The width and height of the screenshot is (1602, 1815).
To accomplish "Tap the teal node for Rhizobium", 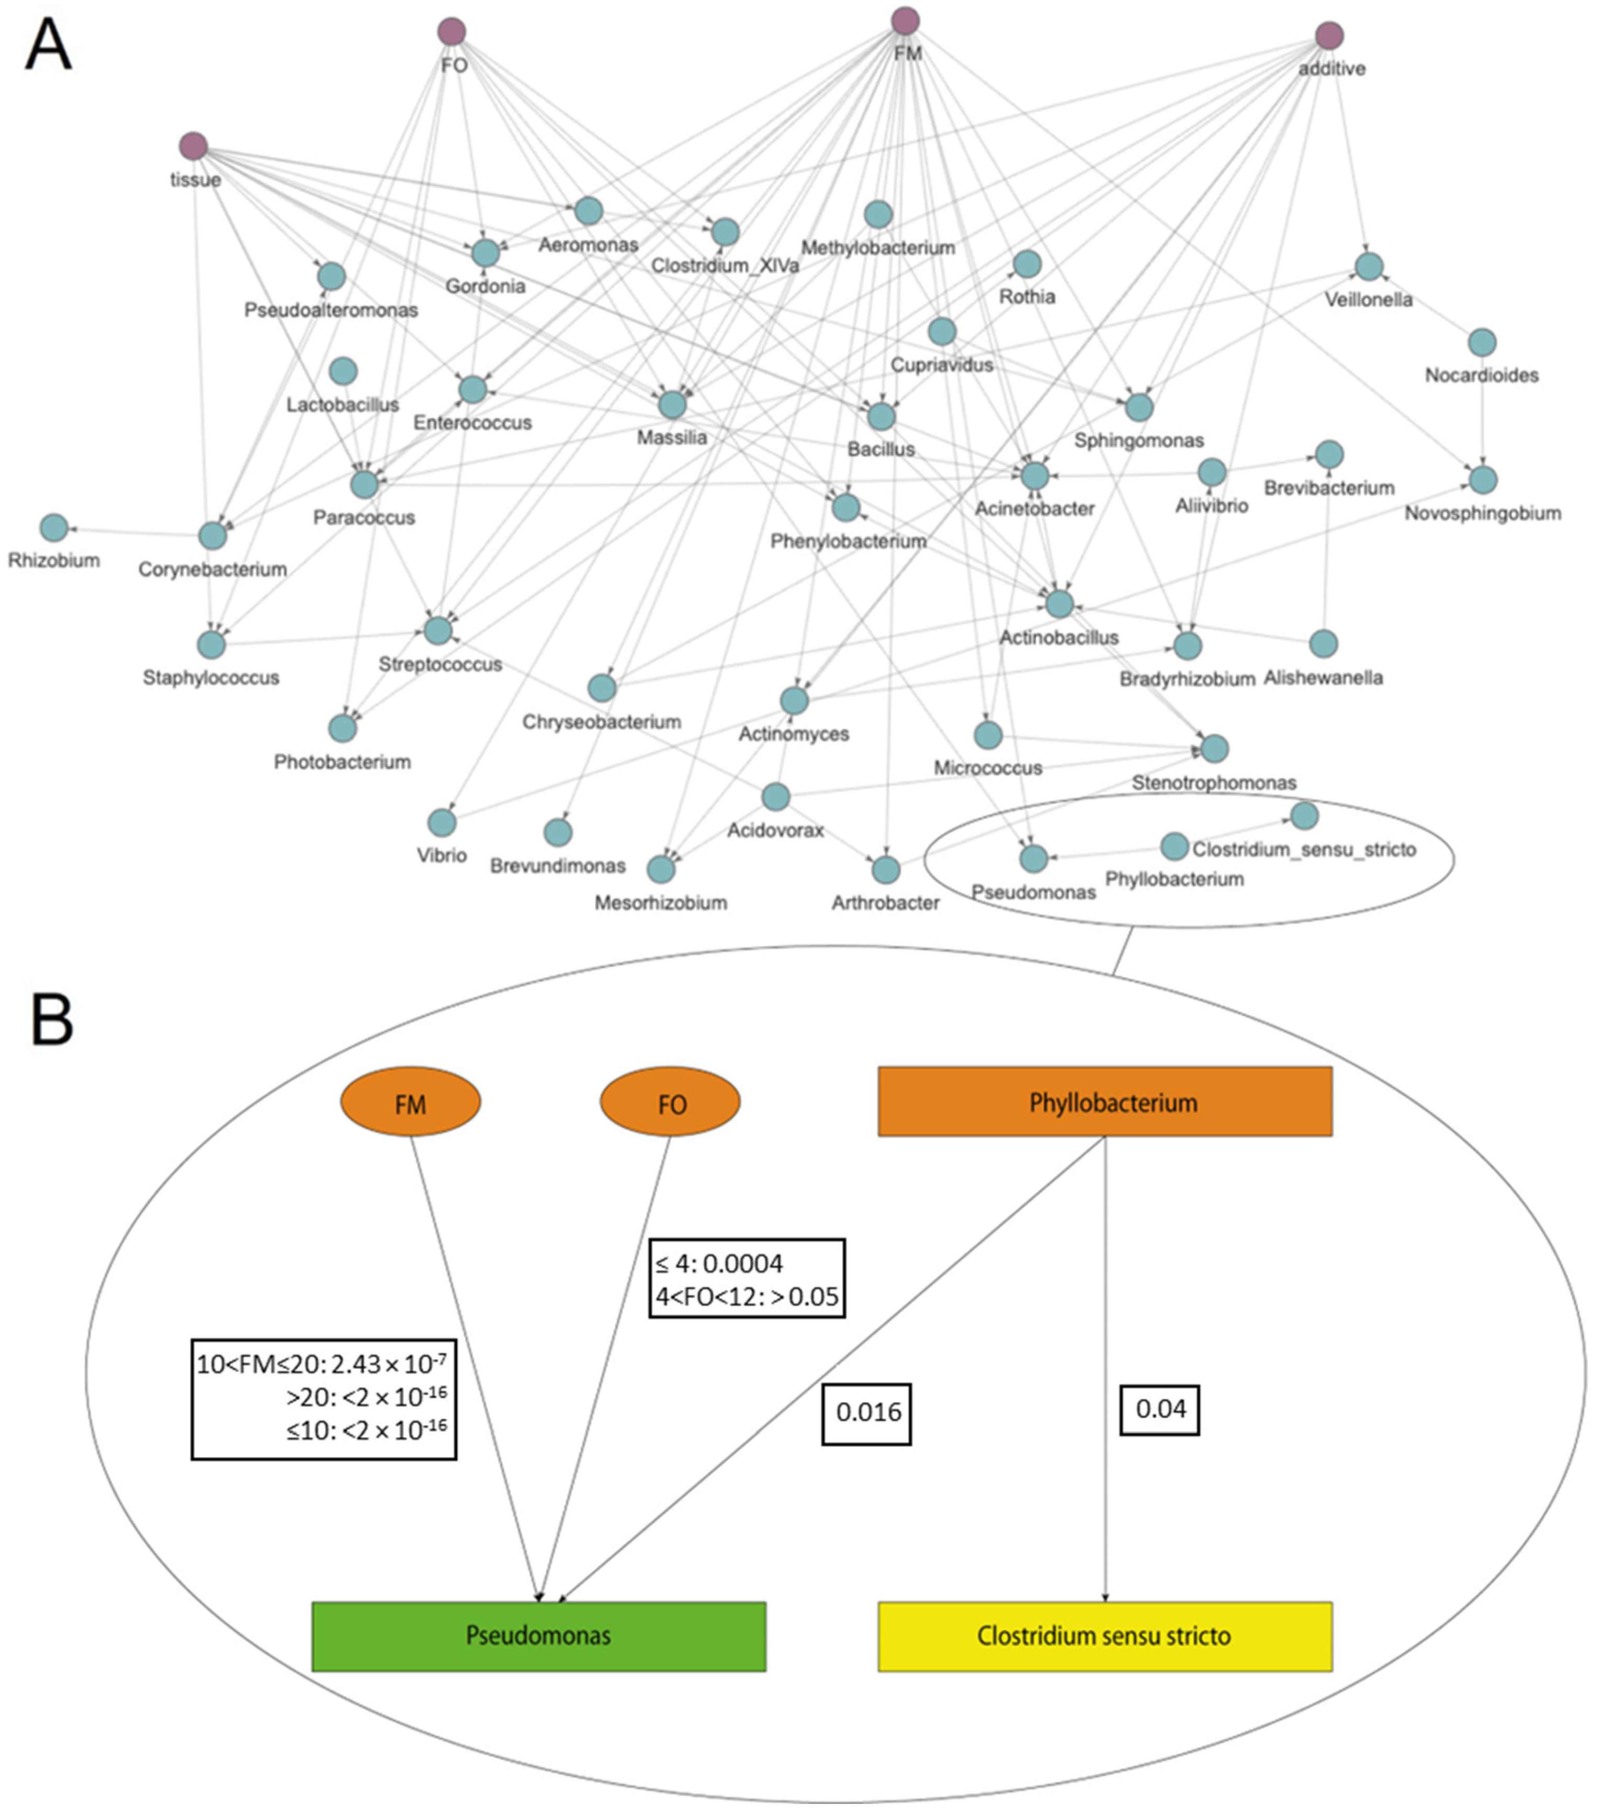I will coord(54,527).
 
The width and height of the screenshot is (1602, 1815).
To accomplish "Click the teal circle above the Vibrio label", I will coord(442,822).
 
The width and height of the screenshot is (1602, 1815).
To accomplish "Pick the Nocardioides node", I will coord(1481,342).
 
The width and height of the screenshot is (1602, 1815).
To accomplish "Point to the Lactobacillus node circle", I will coord(343,371).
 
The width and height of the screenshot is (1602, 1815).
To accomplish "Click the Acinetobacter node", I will coord(1034,476).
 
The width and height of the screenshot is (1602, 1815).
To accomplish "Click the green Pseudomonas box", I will coord(538,1636).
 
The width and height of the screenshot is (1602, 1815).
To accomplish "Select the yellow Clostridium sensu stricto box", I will coord(1104,1636).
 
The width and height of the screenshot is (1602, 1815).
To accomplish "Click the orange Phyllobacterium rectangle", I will coord(1104,1101).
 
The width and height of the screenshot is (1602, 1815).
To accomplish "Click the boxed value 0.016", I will coord(867,1411).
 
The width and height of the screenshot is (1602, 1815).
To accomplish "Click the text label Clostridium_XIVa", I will coord(725,266).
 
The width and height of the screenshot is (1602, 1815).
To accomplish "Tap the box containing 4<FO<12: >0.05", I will coord(747,1279).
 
